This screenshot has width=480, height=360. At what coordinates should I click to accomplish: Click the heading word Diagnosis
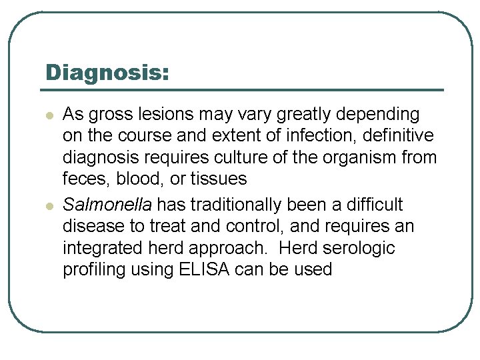click(107, 73)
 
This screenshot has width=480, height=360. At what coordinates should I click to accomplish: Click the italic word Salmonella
click(107, 205)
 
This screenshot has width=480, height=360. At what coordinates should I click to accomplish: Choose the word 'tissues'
click(219, 179)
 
